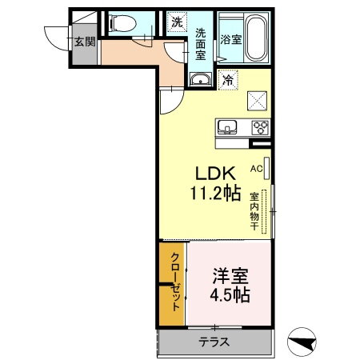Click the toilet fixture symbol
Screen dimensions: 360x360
(122, 23)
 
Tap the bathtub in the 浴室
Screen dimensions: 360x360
(256, 38)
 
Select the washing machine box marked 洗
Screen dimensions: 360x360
(177, 22)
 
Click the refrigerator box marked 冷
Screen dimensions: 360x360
(228, 79)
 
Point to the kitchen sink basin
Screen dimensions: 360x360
(227, 127)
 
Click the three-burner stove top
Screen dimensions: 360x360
(260, 127)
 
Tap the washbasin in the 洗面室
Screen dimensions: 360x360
(201, 79)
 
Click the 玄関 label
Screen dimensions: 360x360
(85, 42)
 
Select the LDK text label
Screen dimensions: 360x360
(215, 174)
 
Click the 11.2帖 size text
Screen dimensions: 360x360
(215, 193)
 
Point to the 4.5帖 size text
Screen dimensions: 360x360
(230, 295)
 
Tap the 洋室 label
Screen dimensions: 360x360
(230, 276)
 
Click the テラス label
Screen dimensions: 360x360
(214, 342)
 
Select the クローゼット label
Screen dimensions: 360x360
(175, 282)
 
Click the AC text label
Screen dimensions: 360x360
(256, 169)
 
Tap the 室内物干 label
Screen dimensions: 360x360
(254, 211)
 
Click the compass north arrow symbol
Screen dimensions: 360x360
(302, 342)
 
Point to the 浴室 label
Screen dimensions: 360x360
(231, 40)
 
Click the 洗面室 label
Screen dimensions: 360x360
(201, 44)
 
